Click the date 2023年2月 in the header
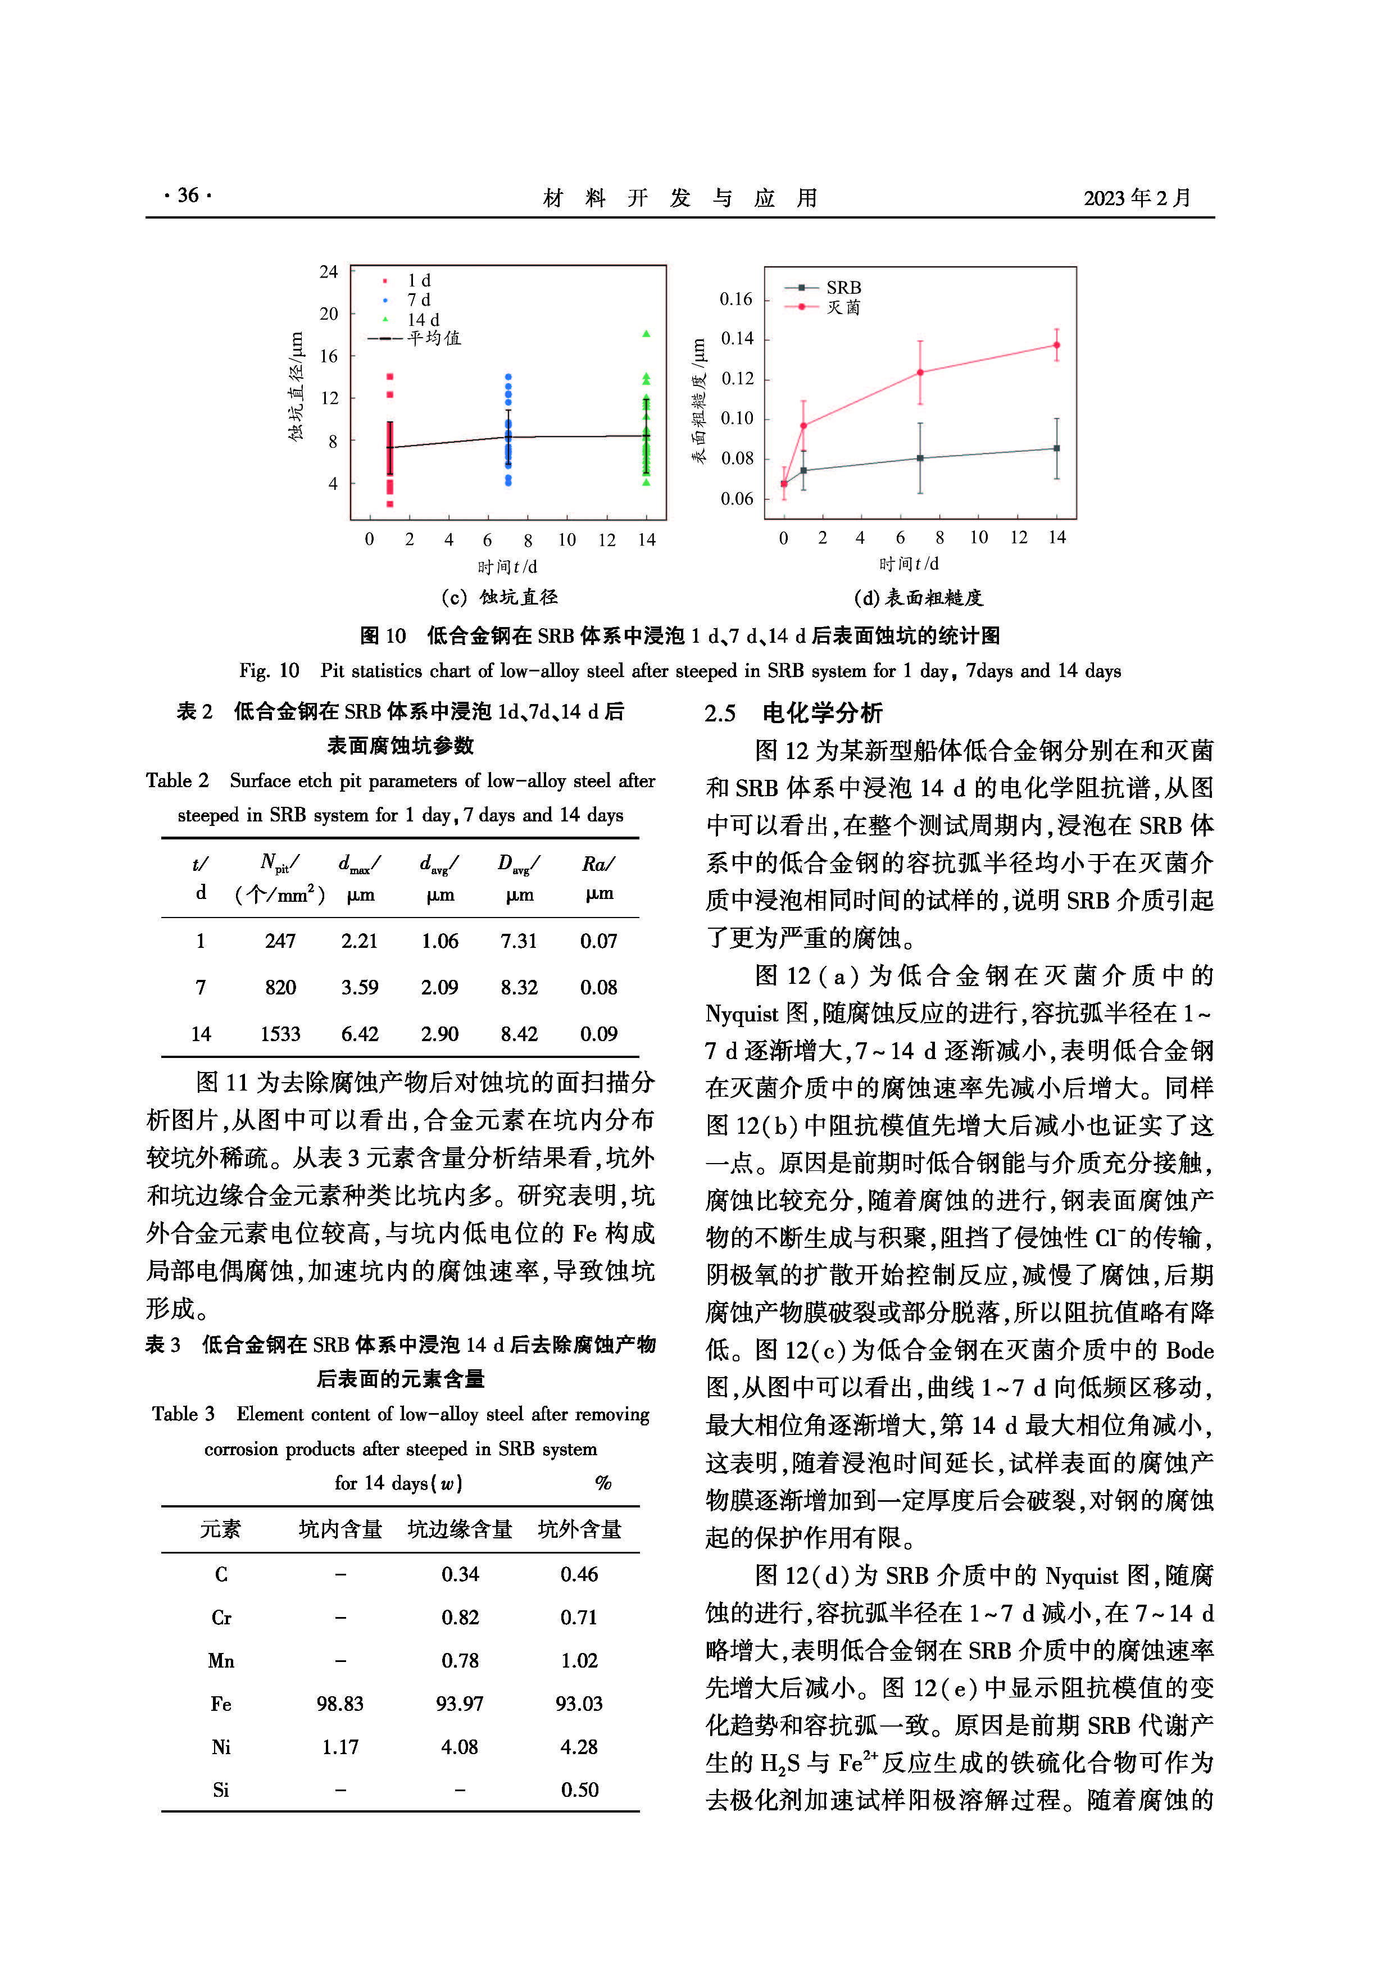pyautogui.click(x=1137, y=198)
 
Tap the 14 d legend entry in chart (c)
pyautogui.click(x=423, y=319)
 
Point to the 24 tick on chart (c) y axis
pyautogui.click(x=329, y=272)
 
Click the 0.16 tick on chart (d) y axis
pyautogui.click(x=735, y=299)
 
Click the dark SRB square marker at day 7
pyautogui.click(x=920, y=458)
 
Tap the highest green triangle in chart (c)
pyautogui.click(x=646, y=333)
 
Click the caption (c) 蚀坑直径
pyautogui.click(x=499, y=597)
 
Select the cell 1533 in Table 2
pyautogui.click(x=281, y=1034)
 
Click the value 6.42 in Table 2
pyautogui.click(x=360, y=1034)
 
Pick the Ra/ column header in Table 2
pyautogui.click(x=598, y=864)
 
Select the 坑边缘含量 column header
pyautogui.click(x=460, y=1529)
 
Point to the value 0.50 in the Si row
pyautogui.click(x=579, y=1790)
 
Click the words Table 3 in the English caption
pyautogui.click(x=183, y=1414)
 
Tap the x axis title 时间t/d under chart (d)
pyautogui.click(x=908, y=564)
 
